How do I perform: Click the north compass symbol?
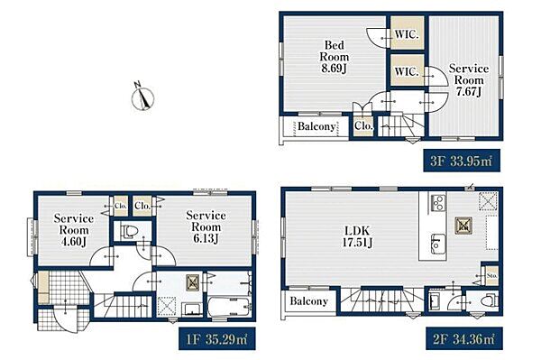142,97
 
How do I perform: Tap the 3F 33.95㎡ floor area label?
462,161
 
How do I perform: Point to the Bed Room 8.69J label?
334,57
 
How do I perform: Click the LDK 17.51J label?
357,236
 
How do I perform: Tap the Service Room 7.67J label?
469,80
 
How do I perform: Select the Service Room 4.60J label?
74,230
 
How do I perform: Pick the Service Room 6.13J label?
206,226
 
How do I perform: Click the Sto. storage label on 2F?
492,276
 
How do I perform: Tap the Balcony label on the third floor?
316,126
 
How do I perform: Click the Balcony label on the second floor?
308,301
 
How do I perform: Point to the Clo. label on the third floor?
363,126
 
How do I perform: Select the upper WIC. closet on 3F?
407,32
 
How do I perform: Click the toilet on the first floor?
129,231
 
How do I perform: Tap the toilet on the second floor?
490,300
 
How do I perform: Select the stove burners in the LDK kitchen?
438,203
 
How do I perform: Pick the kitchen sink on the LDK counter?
437,245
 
